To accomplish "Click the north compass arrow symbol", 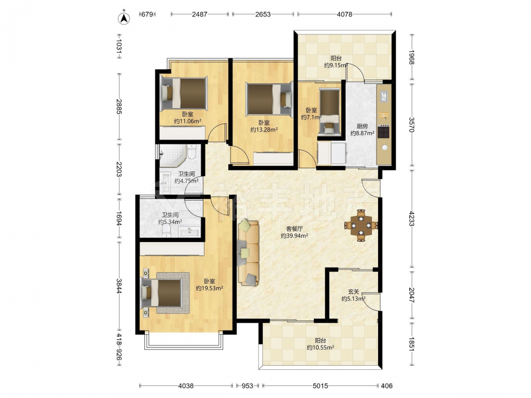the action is (124, 18).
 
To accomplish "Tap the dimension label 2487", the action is (200, 14).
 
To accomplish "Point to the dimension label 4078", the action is (345, 14).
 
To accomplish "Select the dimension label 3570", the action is (412, 125).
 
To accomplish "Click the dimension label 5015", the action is (320, 385).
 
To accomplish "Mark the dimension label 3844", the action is (119, 286).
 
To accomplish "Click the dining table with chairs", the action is (361, 225).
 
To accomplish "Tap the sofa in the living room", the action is (248, 253).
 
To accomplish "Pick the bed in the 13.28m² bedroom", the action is (269, 99).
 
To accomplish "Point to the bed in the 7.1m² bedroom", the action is (330, 112).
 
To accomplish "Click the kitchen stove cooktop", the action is (384, 131).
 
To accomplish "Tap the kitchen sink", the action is (384, 97).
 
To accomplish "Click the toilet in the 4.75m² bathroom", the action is (192, 152).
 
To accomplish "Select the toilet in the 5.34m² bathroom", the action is (166, 230).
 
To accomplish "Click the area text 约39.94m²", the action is (294, 236).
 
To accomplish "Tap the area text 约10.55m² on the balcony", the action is (320, 347).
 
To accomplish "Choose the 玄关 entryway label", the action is (354, 291).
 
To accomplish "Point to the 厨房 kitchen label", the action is (362, 126).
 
